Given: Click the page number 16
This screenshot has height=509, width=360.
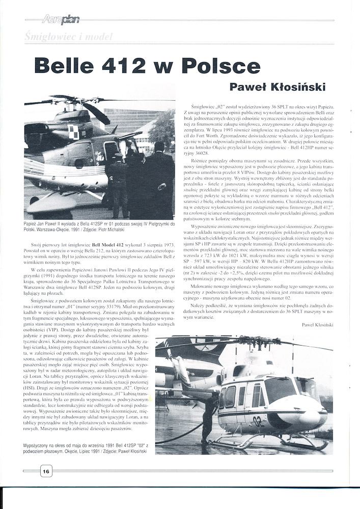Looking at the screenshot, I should point(46,471).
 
